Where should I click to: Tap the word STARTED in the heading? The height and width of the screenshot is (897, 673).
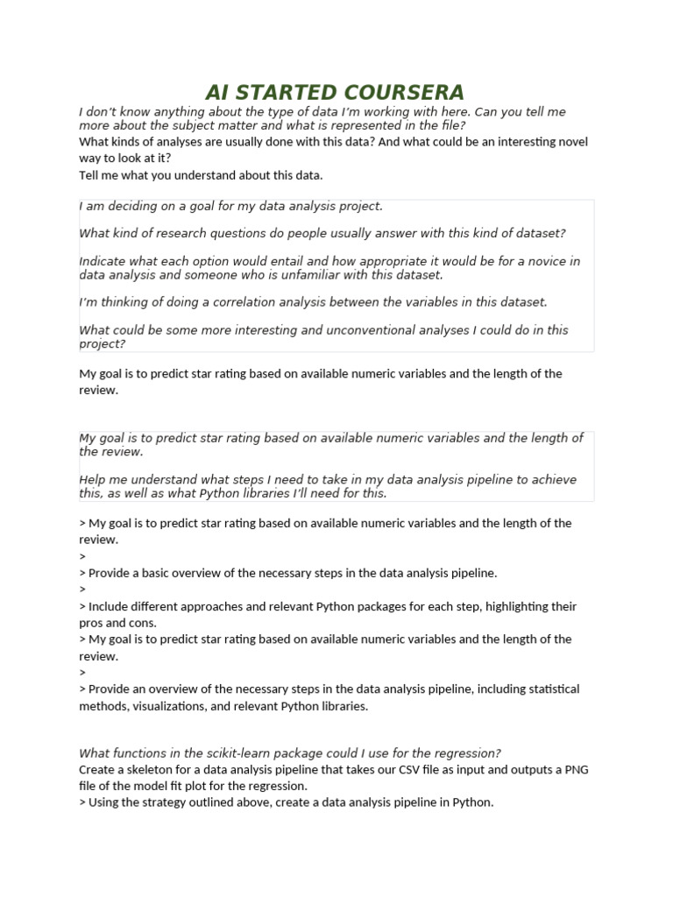(281, 92)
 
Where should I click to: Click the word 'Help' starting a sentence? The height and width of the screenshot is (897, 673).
(94, 479)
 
